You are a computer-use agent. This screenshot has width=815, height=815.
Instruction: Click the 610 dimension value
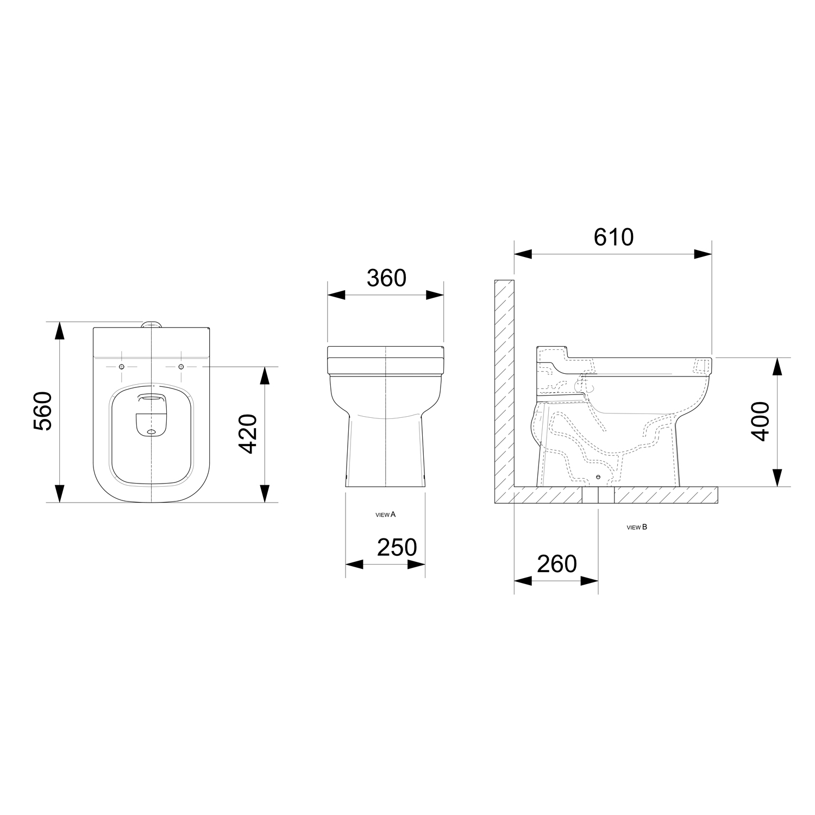tap(613, 237)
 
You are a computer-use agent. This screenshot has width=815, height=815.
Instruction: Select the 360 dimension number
tap(386, 278)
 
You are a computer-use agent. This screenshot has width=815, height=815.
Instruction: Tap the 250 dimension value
tap(397, 547)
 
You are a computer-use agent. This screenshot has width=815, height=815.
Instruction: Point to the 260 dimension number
tap(557, 564)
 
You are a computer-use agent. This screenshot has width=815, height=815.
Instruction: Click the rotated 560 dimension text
tap(43, 411)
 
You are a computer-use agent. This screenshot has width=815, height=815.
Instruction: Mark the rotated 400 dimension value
tap(761, 421)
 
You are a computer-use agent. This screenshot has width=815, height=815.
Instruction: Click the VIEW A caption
tap(386, 514)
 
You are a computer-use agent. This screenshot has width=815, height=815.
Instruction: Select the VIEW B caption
tap(637, 527)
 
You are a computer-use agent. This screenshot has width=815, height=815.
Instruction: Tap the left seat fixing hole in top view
tap(121, 367)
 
